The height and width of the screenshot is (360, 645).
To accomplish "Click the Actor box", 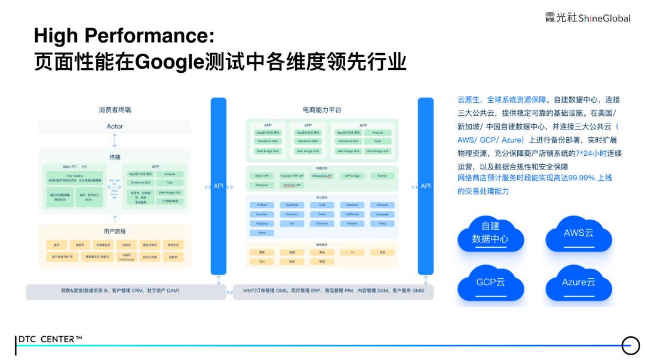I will [x=115, y=127].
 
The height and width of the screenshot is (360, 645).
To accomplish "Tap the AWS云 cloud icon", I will [x=579, y=234].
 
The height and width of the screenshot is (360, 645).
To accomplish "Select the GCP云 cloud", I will [x=490, y=282].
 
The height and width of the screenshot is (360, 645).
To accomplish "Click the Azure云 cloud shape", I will [x=579, y=283].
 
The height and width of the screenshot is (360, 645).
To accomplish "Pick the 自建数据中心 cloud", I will [x=490, y=233].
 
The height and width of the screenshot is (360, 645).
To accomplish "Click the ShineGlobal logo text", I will [x=588, y=18].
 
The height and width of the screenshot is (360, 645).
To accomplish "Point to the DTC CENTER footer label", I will [x=50, y=339].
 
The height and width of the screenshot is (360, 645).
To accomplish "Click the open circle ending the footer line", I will [x=630, y=345].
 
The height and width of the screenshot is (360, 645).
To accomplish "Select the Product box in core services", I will [x=262, y=205].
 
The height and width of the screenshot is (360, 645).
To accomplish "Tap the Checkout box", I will [x=352, y=205].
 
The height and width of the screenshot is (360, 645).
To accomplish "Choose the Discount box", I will [x=382, y=205].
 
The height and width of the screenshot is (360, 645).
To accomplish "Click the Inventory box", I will [x=291, y=214].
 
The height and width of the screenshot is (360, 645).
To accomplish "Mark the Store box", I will [x=262, y=232].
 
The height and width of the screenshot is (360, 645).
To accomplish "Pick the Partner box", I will [x=382, y=176].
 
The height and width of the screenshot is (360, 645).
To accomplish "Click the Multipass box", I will [x=262, y=185].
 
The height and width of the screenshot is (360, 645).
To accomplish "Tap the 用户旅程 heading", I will [x=115, y=231].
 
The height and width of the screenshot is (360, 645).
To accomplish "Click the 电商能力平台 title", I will [x=322, y=110].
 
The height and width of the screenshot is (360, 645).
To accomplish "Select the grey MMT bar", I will [x=333, y=291].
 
